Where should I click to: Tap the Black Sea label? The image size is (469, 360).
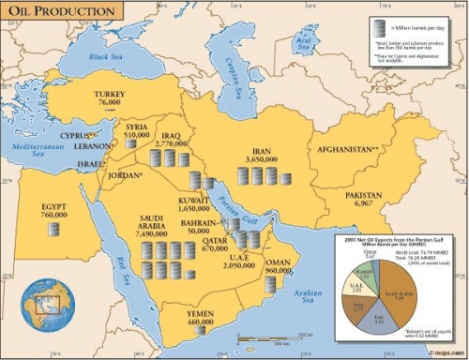tap(107, 56)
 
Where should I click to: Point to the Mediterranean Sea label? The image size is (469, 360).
tap(32, 151)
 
